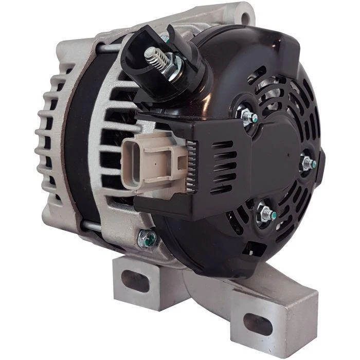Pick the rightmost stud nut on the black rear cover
[x=309, y=163]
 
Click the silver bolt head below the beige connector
[x=147, y=237]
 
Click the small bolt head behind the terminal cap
[x=165, y=37]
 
